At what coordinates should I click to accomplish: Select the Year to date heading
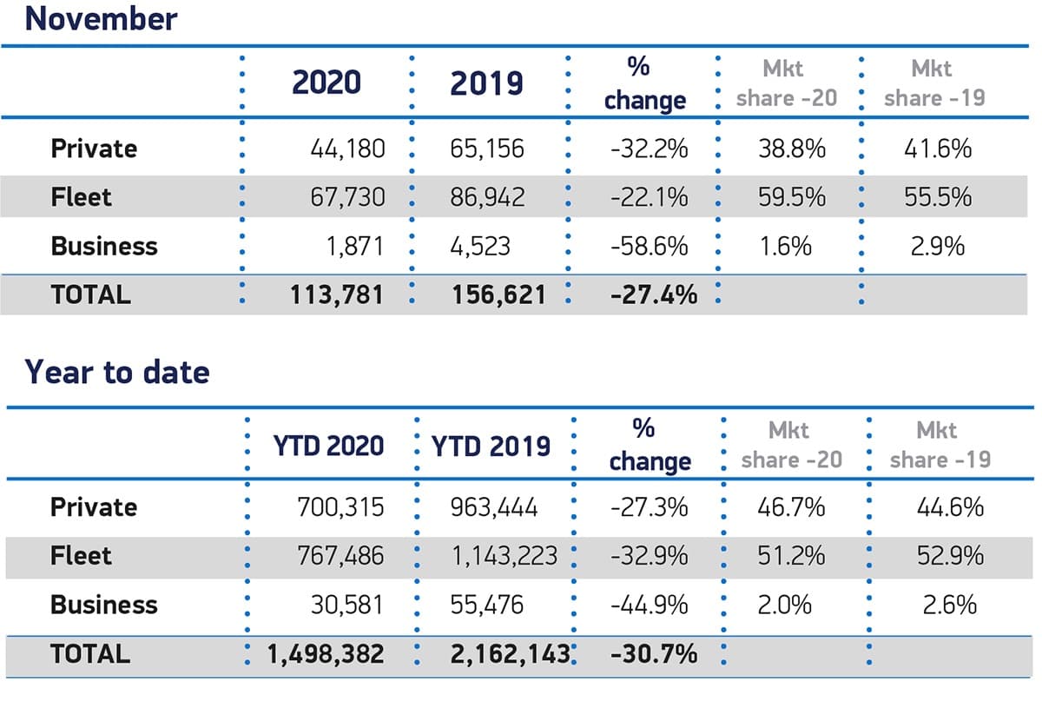pos(116,372)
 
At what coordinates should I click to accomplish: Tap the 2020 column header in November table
pos(326,83)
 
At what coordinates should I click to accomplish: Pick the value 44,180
pos(347,149)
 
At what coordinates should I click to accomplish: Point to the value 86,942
pos(487,197)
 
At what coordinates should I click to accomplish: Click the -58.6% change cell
pos(649,246)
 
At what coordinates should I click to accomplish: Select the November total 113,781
pos(337,294)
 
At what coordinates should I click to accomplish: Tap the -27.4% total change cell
pos(653,294)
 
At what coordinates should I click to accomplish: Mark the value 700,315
pos(340,506)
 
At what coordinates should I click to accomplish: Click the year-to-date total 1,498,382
pos(326,653)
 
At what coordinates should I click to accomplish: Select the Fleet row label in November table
pos(82,197)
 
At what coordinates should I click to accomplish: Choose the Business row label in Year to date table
pos(104,605)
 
